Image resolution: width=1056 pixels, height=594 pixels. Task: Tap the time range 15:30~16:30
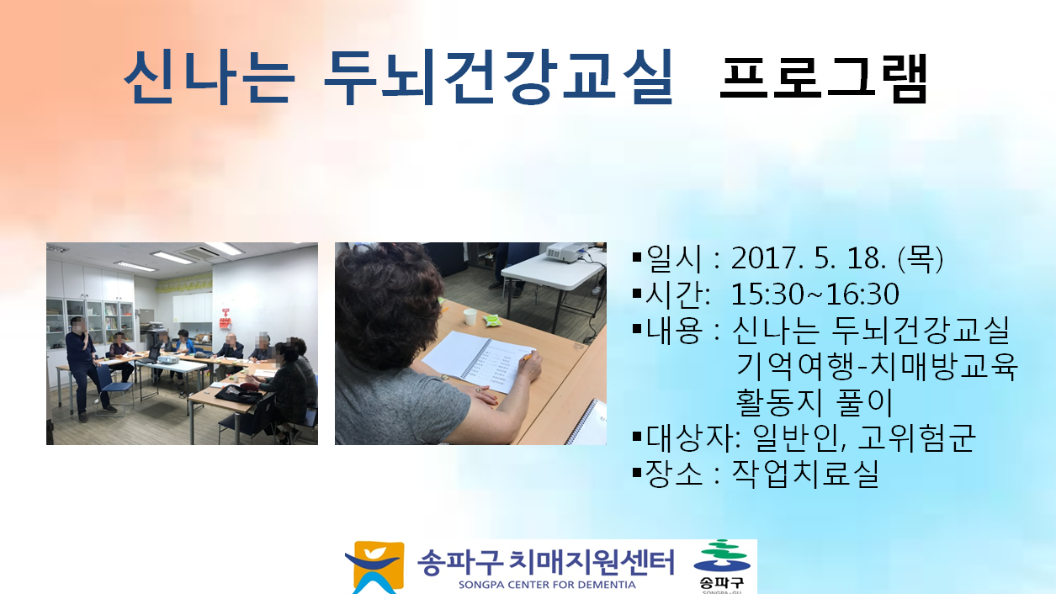tap(815, 294)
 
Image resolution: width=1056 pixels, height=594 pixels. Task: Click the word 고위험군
tap(916, 438)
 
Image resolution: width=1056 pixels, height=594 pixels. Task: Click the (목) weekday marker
tap(921, 259)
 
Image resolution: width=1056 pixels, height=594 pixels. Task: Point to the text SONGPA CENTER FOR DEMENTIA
tap(547, 585)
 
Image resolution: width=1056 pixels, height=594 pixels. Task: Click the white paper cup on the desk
tap(470, 317)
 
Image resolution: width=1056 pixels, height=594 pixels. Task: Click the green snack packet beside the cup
tap(493, 321)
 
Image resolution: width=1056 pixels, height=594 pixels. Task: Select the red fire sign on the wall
tap(226, 318)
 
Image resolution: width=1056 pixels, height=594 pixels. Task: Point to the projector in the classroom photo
tap(167, 359)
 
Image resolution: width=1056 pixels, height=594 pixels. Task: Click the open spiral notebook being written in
tap(479, 362)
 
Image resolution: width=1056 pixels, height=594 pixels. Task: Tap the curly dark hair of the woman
tap(386, 302)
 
